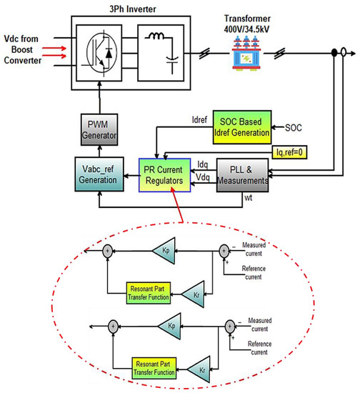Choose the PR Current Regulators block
pyautogui.click(x=166, y=175)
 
